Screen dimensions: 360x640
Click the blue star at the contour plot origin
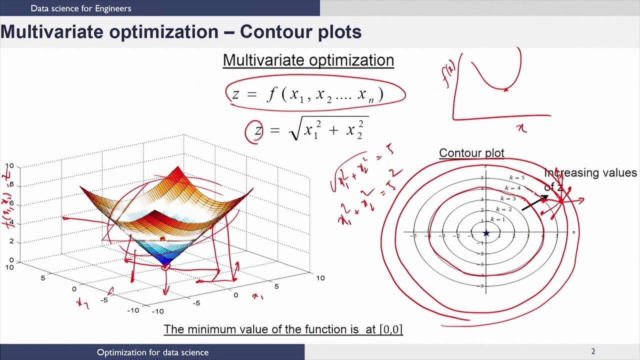click(486, 233)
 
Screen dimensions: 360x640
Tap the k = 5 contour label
click(517, 177)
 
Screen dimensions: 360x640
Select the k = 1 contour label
click(497, 219)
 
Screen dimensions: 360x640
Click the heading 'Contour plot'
click(471, 153)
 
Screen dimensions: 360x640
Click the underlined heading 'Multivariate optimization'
click(308, 60)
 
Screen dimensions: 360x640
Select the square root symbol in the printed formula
click(294, 131)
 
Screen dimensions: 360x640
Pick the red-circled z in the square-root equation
click(257, 131)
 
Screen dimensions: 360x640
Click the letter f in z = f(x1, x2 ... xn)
click(271, 94)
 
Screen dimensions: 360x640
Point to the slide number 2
click(593, 351)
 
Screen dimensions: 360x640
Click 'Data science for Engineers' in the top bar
click(81, 8)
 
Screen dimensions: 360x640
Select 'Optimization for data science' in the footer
click(152, 352)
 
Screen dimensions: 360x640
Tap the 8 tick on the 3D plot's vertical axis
click(11, 185)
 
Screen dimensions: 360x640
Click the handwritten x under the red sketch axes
click(521, 129)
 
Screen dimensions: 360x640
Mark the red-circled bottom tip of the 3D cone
click(165, 266)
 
